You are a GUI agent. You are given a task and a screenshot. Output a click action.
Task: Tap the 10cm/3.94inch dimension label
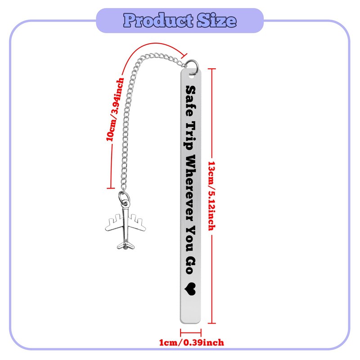point(115,110)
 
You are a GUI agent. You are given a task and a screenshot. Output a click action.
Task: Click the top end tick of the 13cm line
point(212,68)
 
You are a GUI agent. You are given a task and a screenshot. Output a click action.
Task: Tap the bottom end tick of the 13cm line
point(212,323)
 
